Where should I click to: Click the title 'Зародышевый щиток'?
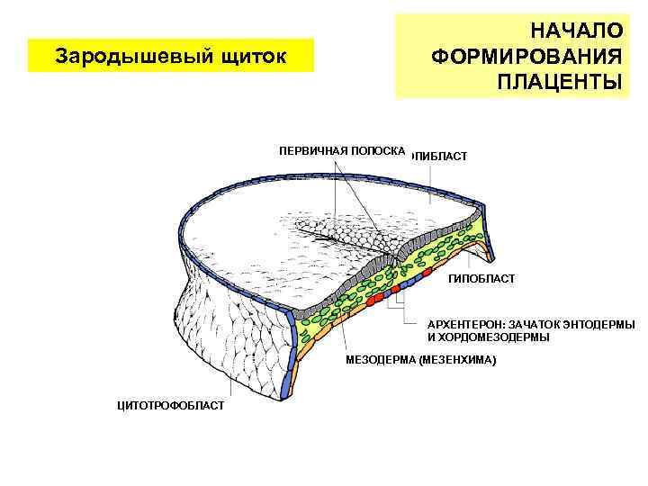tap(171, 57)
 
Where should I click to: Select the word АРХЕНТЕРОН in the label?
tap(466, 324)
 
